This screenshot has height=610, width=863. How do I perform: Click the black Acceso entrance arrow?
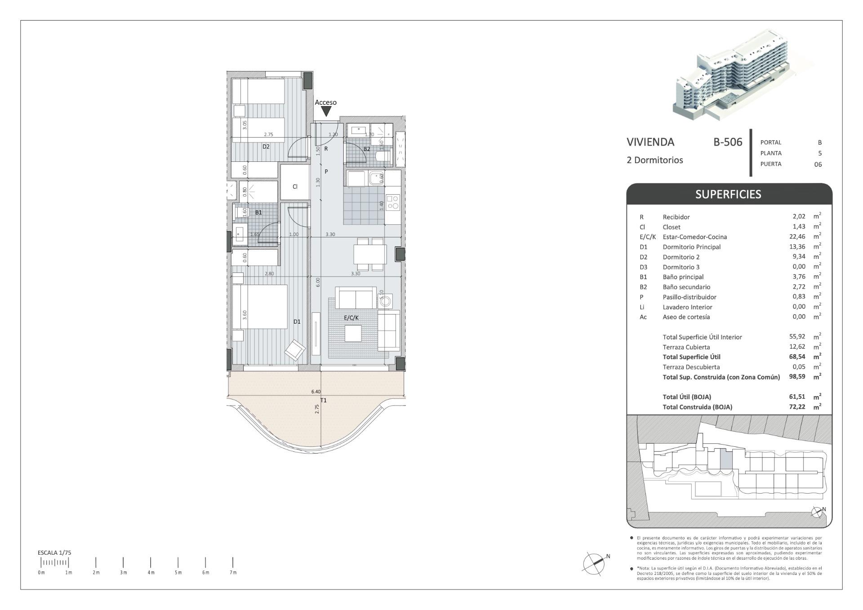(325, 111)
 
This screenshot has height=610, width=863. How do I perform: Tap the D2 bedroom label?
(266, 147)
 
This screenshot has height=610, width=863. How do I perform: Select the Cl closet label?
(295, 187)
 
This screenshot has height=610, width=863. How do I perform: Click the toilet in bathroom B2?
(382, 156)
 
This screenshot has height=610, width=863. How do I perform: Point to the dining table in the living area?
(369, 254)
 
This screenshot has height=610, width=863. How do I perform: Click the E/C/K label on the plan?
(351, 318)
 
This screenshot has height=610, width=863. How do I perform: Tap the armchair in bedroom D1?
(295, 349)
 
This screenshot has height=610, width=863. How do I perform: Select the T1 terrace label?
(323, 400)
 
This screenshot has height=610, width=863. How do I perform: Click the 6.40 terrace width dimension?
(316, 392)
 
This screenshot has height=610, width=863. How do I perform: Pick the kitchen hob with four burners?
(393, 202)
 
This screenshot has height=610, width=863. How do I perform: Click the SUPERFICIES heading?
(728, 194)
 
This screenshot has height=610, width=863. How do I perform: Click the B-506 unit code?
(728, 142)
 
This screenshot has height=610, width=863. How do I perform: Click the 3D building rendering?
(746, 76)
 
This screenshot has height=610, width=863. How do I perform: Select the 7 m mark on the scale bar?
(233, 562)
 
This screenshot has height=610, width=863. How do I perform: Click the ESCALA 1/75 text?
(54, 552)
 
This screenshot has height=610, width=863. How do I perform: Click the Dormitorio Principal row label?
(691, 247)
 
